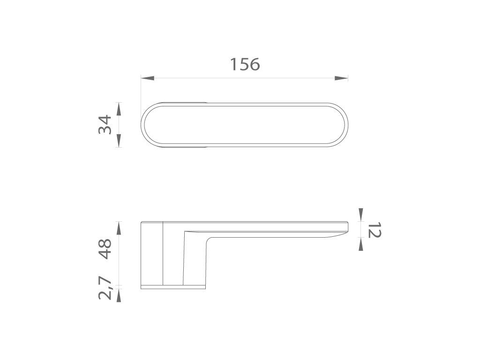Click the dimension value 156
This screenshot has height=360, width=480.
(x=245, y=64)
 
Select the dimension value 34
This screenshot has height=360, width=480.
(x=105, y=125)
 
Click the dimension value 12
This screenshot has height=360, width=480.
(x=374, y=230)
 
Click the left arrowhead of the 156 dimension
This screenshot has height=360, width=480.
(x=147, y=78)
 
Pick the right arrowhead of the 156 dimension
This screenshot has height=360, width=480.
(x=341, y=78)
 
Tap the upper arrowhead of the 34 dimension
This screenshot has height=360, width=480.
(x=119, y=109)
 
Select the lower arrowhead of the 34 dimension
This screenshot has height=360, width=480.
(x=119, y=141)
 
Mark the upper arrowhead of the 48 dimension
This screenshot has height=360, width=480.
(x=119, y=227)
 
